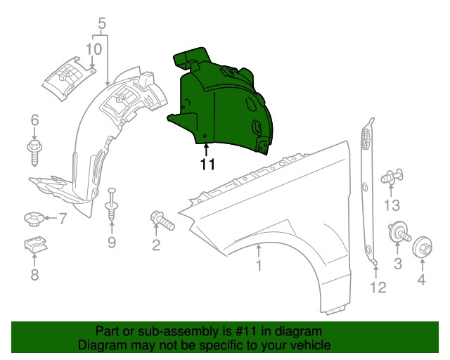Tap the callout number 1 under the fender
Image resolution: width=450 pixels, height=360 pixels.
pyautogui.click(x=258, y=266)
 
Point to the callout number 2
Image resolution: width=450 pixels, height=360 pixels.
pyautogui.click(x=156, y=245)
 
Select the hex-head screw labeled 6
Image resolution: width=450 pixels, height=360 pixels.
pyautogui.click(x=34, y=150)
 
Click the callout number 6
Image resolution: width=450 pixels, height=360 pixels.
pyautogui.click(x=34, y=122)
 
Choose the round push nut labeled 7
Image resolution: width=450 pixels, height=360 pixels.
pyautogui.click(x=33, y=220)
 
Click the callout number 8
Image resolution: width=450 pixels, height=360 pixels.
pyautogui.click(x=34, y=276)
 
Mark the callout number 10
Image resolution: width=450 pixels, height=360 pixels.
pyautogui.click(x=94, y=49)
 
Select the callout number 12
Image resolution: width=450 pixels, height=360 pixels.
pyautogui.click(x=378, y=287)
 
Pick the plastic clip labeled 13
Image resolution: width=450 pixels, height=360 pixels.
pyautogui.click(x=391, y=178)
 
